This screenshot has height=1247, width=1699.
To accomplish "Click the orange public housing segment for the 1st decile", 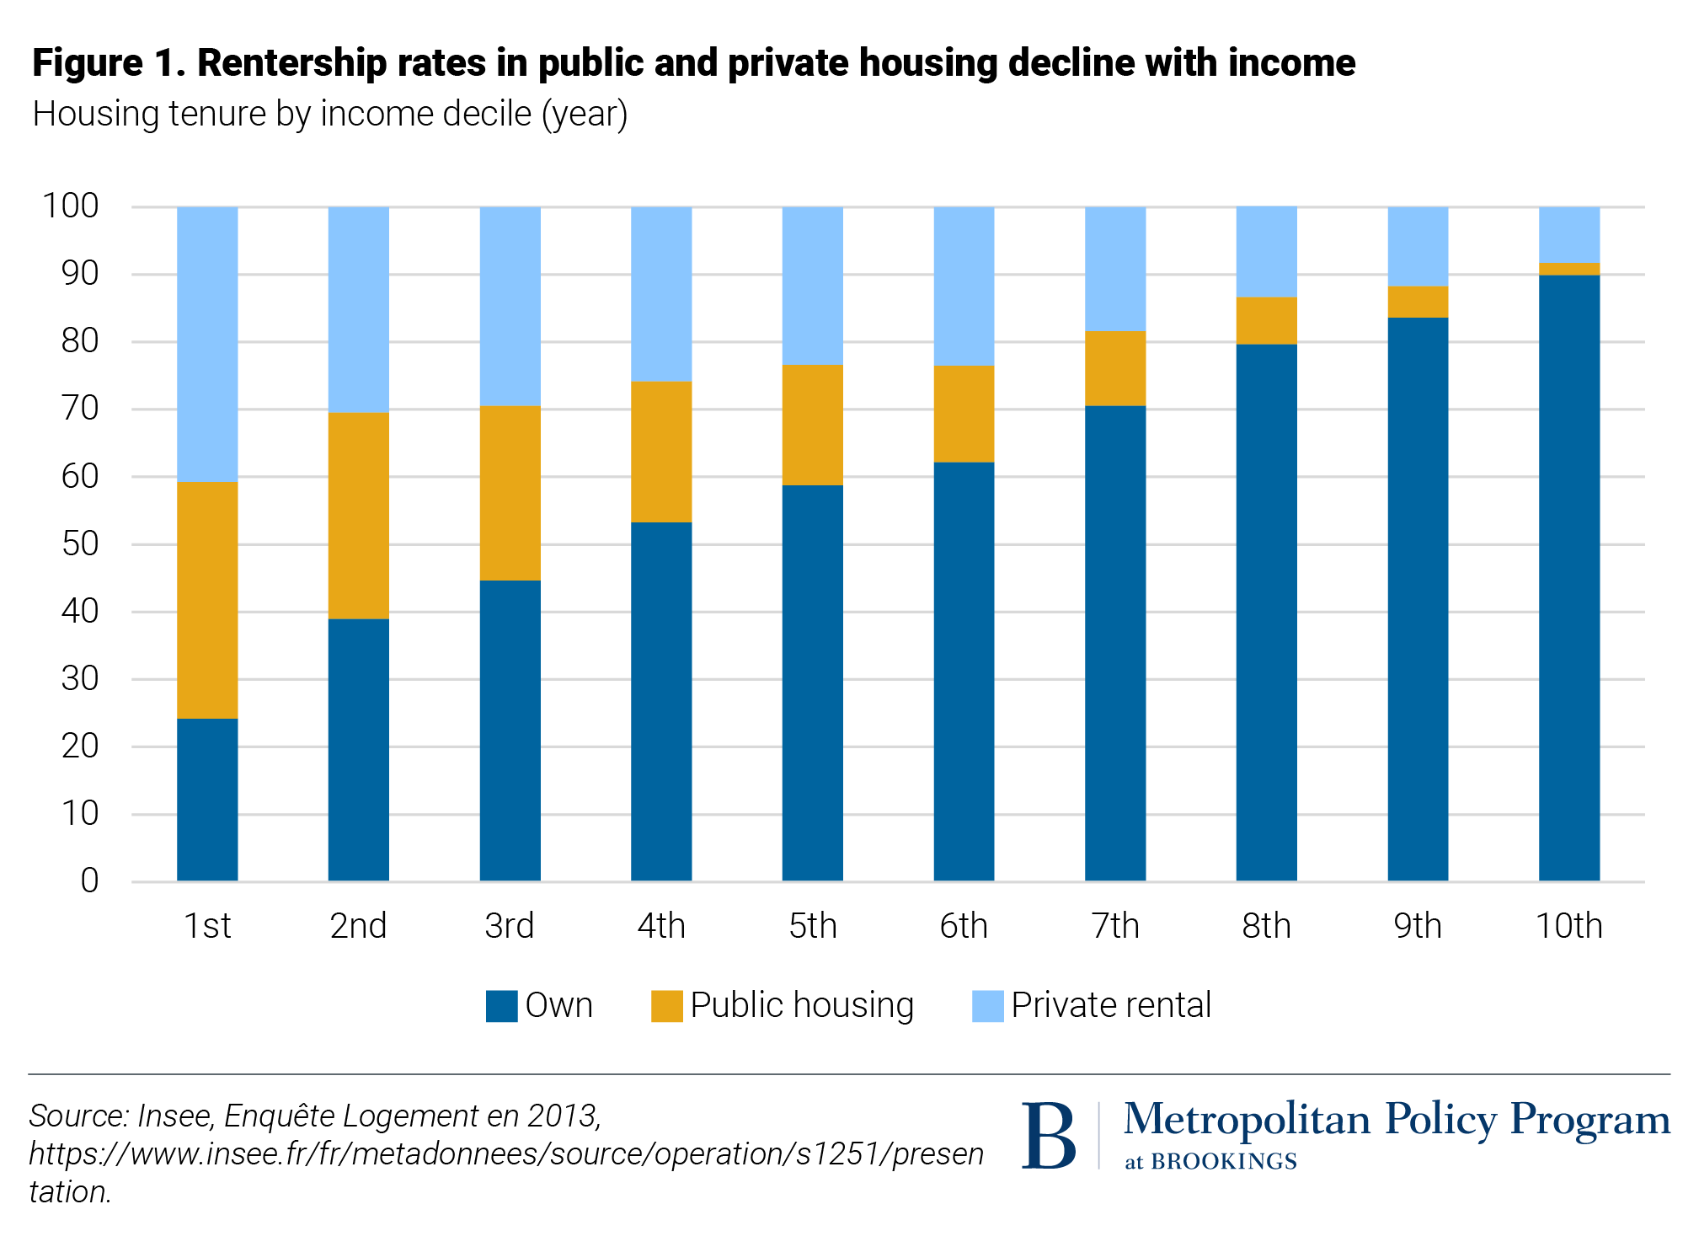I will (x=207, y=600).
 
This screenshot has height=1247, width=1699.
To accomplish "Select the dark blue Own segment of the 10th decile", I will (x=1568, y=578).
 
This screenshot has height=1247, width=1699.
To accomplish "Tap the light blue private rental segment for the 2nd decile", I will (x=358, y=309).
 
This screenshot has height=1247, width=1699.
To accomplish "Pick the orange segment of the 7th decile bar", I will (x=1114, y=369).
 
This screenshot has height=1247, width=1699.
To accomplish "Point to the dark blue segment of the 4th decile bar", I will (x=661, y=702).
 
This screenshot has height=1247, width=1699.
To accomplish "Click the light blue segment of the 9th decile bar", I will (x=1418, y=246).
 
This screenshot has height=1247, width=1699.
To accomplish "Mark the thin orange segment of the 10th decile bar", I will (x=1568, y=269).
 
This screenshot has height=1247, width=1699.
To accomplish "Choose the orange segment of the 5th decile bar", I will (x=812, y=425).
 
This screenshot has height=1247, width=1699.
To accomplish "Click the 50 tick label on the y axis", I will (x=80, y=544).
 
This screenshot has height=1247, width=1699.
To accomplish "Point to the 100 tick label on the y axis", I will (x=71, y=206).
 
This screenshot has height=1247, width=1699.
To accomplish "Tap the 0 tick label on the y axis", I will (x=89, y=881).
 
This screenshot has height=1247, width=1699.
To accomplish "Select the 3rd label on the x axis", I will (x=510, y=926).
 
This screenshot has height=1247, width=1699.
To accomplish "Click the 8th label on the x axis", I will (x=1266, y=926).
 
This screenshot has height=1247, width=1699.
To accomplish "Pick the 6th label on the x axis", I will (x=964, y=926).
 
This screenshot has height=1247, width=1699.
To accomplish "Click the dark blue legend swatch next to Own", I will (x=501, y=1006).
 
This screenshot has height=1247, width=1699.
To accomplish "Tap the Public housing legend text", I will (x=802, y=1005).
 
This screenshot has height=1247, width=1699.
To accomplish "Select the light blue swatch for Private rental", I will (x=987, y=1006).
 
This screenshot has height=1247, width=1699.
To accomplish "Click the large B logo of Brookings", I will (x=1049, y=1136).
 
